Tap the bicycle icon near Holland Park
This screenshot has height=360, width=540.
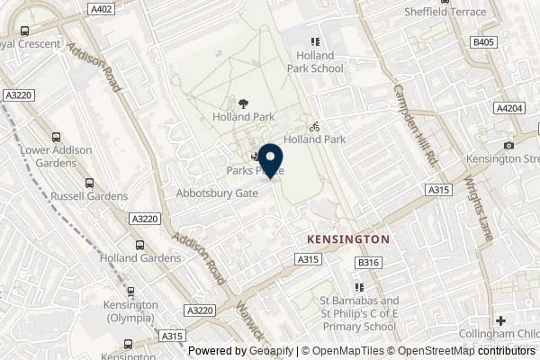[x=314, y=127]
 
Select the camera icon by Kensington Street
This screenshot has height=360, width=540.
[x=509, y=145]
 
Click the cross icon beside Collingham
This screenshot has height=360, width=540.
[x=499, y=320]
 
